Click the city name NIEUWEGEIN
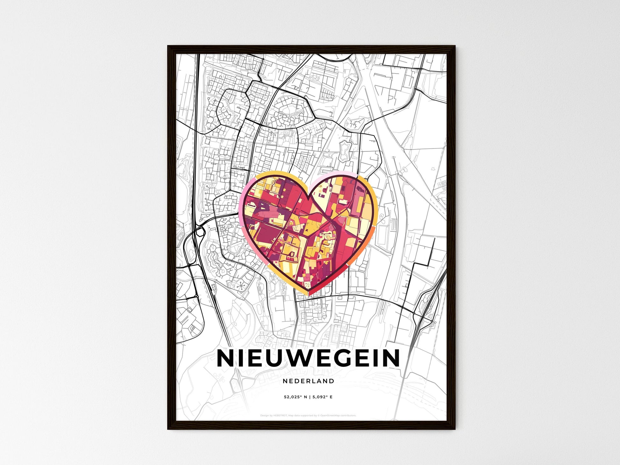[x=308, y=358]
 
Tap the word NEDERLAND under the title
[x=308, y=381]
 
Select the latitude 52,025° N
[x=296, y=397]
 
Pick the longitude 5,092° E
[x=322, y=397]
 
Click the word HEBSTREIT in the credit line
[x=280, y=416]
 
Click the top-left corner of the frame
[x=168, y=46]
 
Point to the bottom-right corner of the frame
[x=455, y=429]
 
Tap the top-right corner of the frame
[x=455, y=46]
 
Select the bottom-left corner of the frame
[x=168, y=429]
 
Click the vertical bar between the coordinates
[x=310, y=397]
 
